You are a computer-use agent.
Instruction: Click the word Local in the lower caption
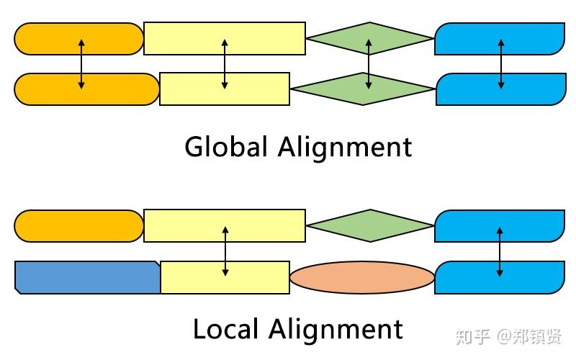pos(226,330)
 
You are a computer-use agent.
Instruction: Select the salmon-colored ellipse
pos(362,277)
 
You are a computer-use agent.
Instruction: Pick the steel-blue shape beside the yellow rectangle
pos(86,277)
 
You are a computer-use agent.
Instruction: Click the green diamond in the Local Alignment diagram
pos(369,225)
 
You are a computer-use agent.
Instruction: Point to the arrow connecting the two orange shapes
pos(81,63)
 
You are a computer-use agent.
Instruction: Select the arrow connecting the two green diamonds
pos(369,63)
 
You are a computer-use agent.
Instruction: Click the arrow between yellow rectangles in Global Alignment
pos(225,63)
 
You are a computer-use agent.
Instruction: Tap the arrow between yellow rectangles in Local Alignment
pos(225,251)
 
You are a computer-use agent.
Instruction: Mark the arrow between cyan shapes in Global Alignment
pos(500,63)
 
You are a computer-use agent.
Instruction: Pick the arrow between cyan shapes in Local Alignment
pos(500,251)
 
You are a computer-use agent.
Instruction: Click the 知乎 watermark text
pos(472,336)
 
